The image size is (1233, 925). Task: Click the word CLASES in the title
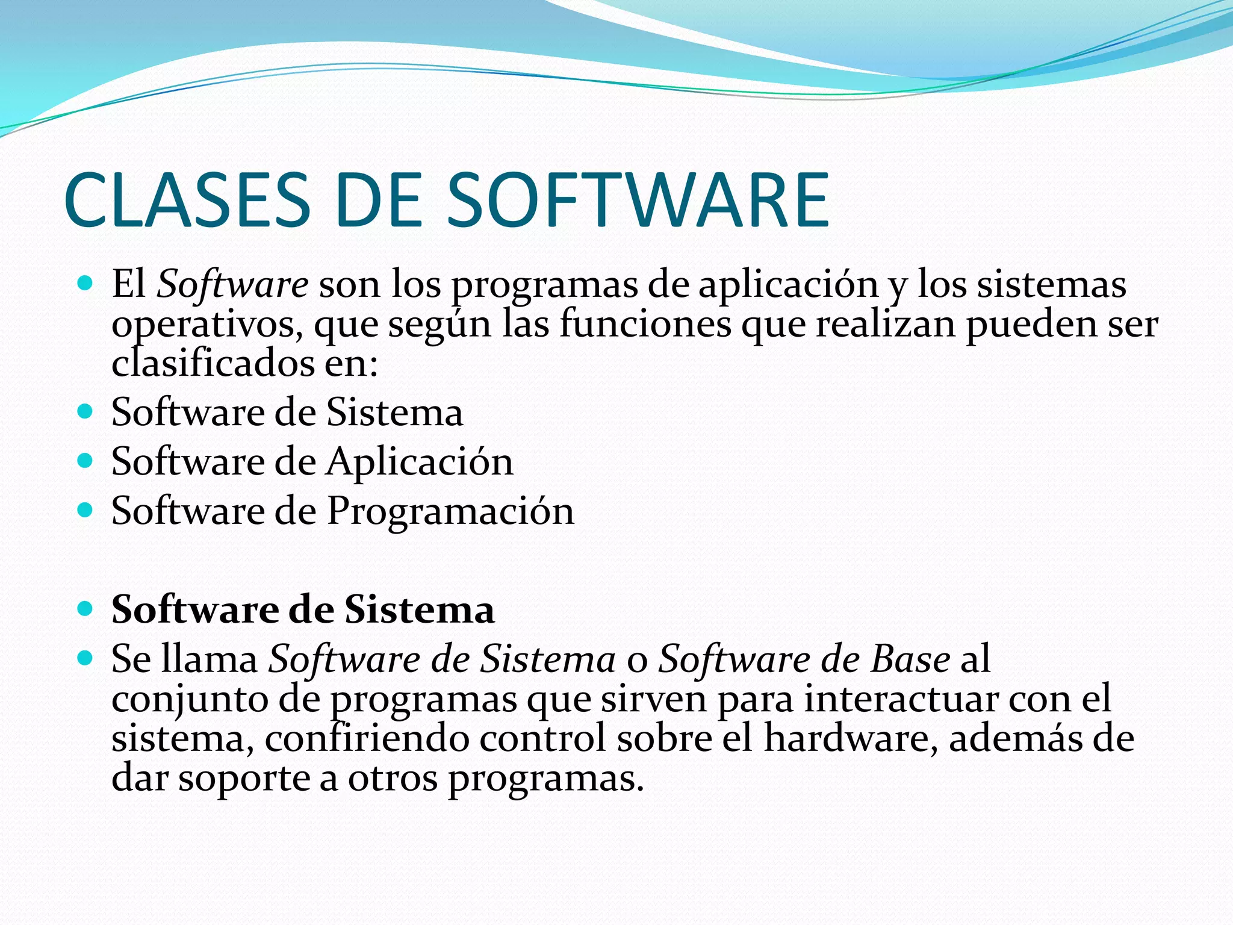coord(187,200)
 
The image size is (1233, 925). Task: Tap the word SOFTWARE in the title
coord(638,200)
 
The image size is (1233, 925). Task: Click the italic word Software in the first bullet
coord(232,284)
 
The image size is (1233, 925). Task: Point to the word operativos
coord(207,325)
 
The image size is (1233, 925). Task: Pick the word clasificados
coord(213,363)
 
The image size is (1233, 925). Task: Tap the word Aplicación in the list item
coord(420,462)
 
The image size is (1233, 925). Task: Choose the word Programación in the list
coord(450,512)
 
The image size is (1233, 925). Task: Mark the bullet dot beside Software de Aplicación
coord(86,461)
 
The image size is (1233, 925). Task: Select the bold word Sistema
coord(420,609)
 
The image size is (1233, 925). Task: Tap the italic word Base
coord(910,659)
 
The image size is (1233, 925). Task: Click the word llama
coord(210,659)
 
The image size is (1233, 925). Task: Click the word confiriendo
coord(367,738)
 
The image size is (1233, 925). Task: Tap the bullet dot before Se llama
coord(86,658)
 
